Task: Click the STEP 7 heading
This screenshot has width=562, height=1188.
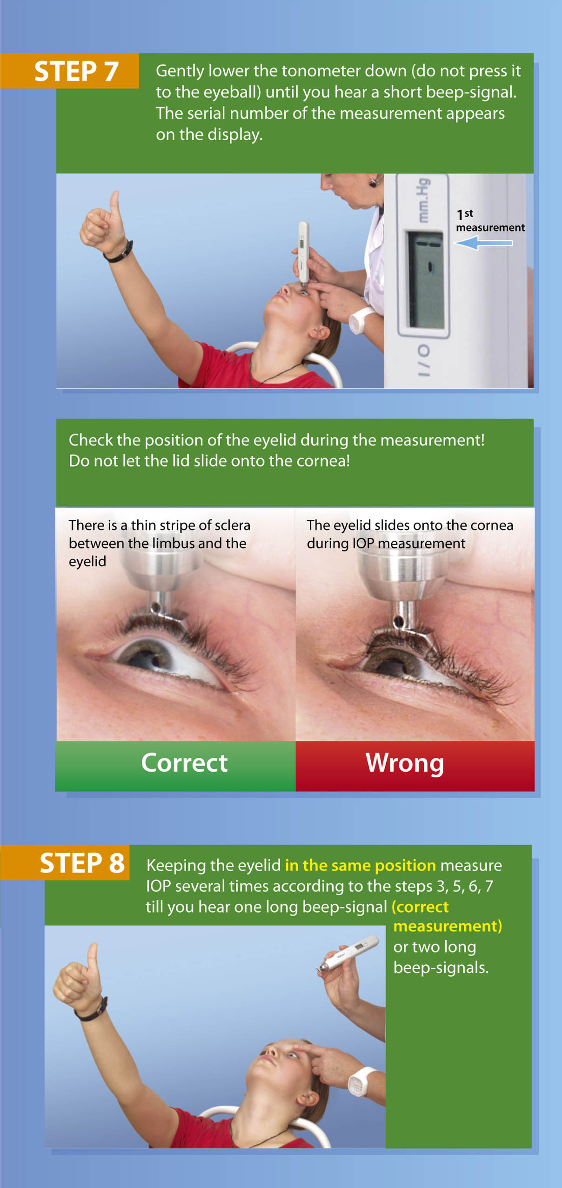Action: coord(76,71)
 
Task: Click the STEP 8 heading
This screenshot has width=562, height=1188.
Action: coord(82,863)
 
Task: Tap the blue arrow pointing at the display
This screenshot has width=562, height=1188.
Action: coord(482,243)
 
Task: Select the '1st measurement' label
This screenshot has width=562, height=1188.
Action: coord(490,221)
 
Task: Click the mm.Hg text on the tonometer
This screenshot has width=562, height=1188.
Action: coord(423,200)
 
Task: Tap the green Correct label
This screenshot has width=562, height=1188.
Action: coord(184,763)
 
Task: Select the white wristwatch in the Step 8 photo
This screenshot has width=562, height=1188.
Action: coord(361,1080)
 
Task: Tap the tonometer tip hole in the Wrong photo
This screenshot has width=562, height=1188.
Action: coord(398,621)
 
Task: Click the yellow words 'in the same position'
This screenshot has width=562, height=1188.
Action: coord(360,865)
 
